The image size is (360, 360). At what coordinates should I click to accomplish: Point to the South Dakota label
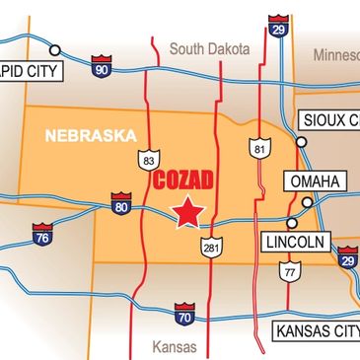point(210,48)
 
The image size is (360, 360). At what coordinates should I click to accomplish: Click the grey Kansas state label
point(175,347)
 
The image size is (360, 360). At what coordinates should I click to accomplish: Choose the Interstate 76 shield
point(42,237)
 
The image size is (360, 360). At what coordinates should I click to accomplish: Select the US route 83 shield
point(149,160)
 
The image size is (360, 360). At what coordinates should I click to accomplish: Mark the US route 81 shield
point(258,149)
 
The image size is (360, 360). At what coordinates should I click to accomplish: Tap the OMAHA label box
point(316,181)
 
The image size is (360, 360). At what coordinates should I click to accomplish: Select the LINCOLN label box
point(297,242)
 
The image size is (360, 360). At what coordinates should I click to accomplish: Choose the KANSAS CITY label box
point(316,330)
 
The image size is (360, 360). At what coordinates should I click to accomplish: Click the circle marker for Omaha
point(308,202)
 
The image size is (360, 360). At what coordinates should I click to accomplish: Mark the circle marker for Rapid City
point(55,49)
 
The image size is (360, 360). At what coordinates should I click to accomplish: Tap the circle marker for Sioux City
point(302,141)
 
